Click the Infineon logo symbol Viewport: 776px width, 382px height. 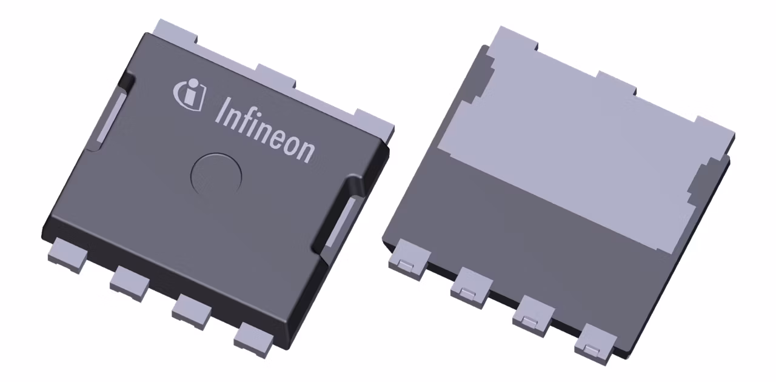pyautogui.click(x=190, y=95)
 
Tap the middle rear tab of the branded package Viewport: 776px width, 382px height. pyautogui.click(x=275, y=75)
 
